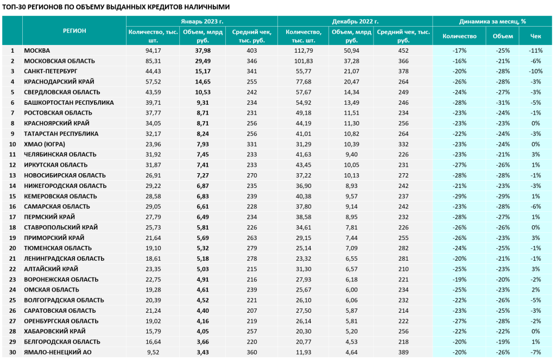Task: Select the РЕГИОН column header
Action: [x=74, y=31]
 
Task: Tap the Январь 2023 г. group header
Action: [x=202, y=21]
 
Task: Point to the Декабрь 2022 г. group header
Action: [x=355, y=21]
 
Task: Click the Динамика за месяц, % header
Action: [x=492, y=21]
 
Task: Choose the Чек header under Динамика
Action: [x=535, y=36]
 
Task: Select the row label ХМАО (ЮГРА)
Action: [x=45, y=144]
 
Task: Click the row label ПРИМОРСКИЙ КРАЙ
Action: [x=54, y=238]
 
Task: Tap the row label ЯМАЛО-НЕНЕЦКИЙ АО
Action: [x=58, y=352]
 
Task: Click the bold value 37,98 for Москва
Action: [x=203, y=50]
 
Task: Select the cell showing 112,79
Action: [x=303, y=50]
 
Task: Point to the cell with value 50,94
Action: [x=351, y=50]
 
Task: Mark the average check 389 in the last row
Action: [x=403, y=352]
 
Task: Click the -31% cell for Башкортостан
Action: [x=503, y=103]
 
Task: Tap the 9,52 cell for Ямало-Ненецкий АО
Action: [x=153, y=352]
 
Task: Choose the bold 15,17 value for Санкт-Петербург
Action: [x=203, y=71]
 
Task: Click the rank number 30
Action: [x=12, y=352]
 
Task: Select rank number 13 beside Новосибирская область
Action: [x=12, y=175]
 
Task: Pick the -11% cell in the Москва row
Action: [x=535, y=50]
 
